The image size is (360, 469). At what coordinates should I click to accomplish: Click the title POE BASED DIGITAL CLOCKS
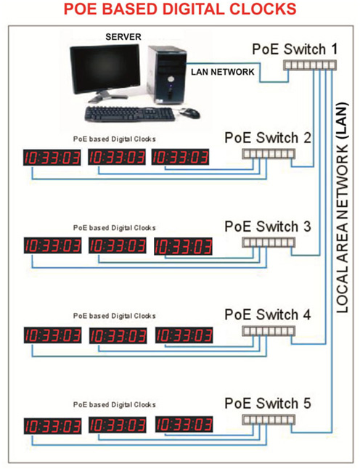[180, 9]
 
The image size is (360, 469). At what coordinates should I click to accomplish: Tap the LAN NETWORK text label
[222, 73]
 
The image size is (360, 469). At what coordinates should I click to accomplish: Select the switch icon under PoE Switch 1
[309, 65]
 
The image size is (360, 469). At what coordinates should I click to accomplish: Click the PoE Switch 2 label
[269, 138]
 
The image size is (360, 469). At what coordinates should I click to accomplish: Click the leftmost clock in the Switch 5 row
[52, 425]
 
